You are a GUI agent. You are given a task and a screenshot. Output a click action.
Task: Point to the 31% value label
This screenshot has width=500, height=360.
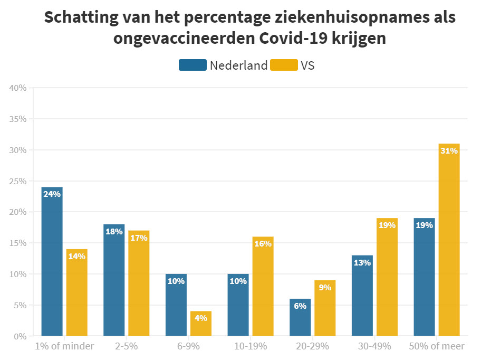(449, 151)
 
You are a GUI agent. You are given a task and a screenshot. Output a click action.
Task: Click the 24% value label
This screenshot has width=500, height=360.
(52, 194)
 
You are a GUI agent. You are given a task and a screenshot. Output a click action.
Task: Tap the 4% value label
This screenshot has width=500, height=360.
(200, 318)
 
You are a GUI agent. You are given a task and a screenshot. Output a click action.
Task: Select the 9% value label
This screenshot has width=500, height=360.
(325, 288)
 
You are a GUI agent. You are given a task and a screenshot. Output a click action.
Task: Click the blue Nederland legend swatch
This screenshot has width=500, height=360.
(193, 65)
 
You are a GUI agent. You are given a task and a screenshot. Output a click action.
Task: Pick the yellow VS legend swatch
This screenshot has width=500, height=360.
(284, 65)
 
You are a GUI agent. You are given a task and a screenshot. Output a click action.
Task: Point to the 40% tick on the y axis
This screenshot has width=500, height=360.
(18, 88)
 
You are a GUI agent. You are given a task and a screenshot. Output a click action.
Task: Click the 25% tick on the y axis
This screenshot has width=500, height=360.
(18, 181)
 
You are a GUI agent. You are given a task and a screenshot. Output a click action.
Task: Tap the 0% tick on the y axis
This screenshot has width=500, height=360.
(20, 336)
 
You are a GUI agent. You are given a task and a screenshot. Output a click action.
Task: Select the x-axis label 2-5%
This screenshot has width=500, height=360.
(126, 347)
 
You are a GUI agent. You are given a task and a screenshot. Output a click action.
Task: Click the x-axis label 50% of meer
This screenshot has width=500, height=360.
(437, 347)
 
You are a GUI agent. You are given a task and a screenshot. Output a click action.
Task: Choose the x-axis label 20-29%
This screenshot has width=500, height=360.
(312, 347)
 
